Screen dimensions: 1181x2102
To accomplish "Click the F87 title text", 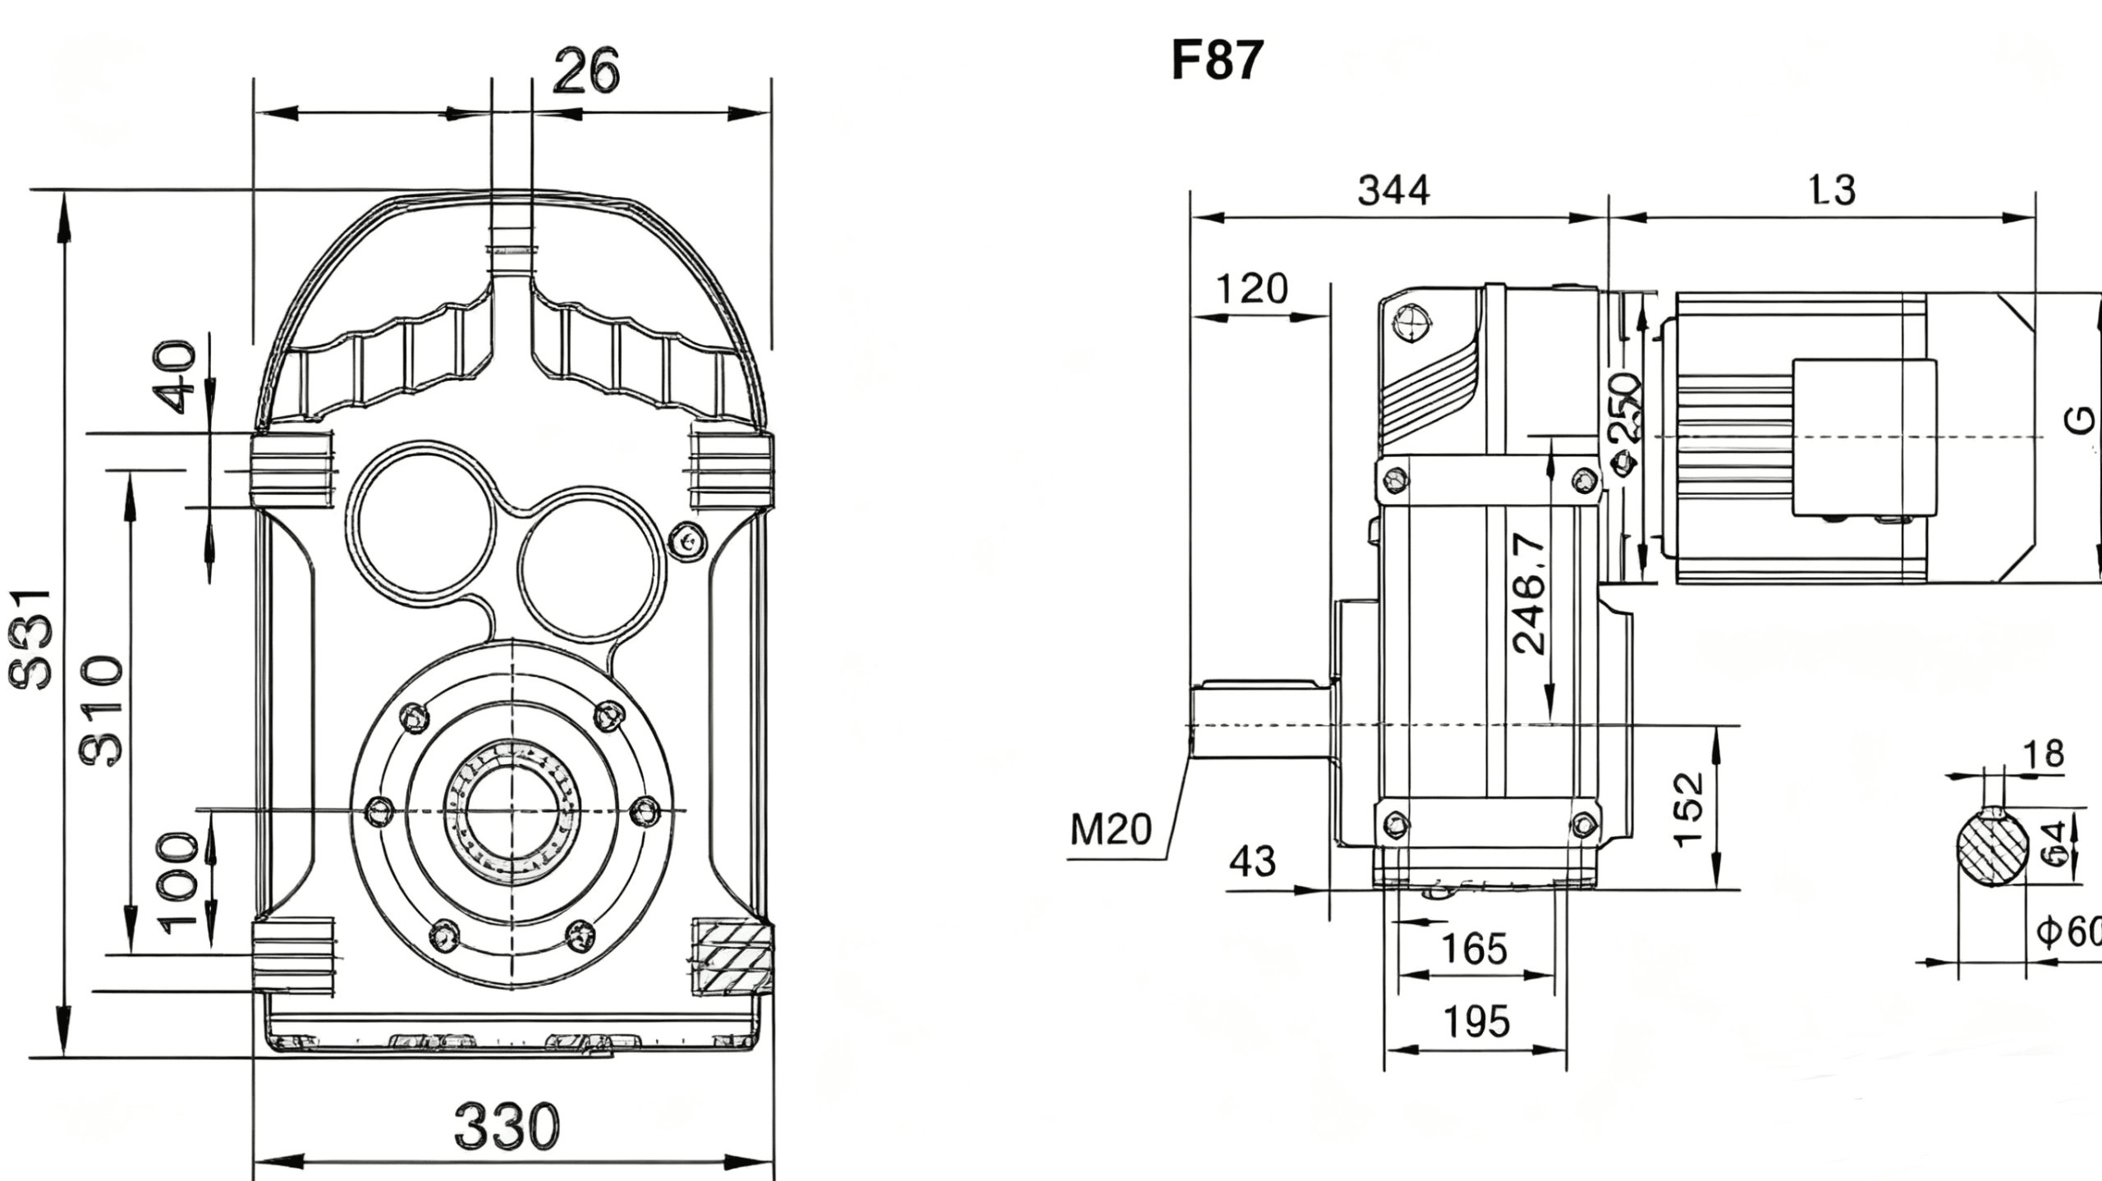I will pyautogui.click(x=1217, y=61).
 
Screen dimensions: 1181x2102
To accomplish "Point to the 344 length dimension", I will pyautogui.click(x=1393, y=190).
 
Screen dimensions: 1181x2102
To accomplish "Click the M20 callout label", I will pyautogui.click(x=1110, y=830).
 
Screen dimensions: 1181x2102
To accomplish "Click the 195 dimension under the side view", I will pyautogui.click(x=1476, y=1022).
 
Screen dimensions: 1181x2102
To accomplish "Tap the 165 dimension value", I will pyautogui.click(x=1475, y=949).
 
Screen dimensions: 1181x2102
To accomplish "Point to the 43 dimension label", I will pyautogui.click(x=1252, y=862).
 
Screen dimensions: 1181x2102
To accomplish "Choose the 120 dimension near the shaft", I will pyautogui.click(x=1251, y=289).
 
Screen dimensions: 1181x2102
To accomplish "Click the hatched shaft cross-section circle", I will pyautogui.click(x=1993, y=848).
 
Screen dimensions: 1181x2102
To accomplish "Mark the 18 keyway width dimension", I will pyautogui.click(x=2043, y=753).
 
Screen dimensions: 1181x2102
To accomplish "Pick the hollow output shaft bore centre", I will pyautogui.click(x=512, y=812).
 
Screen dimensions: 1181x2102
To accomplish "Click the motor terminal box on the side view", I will pyautogui.click(x=1864, y=437).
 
